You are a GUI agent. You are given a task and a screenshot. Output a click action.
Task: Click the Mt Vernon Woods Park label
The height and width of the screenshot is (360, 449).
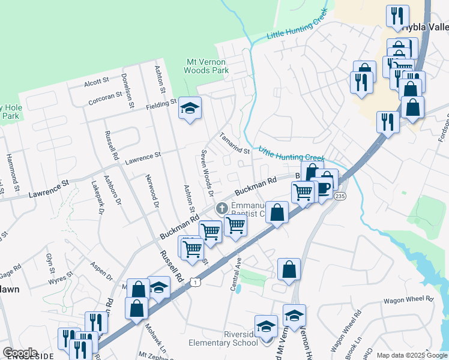pyautogui.click(x=208, y=66)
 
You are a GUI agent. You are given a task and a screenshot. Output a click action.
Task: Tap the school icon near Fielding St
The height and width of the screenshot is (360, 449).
pyautogui.click(x=190, y=108)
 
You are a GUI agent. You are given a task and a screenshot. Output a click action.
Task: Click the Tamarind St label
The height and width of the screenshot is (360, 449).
pyautogui.click(x=234, y=143)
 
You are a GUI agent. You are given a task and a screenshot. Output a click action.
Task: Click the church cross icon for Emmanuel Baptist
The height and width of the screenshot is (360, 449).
pyautogui.click(x=221, y=209)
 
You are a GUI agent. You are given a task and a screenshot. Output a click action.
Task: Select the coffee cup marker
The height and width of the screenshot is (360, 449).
pyautogui.click(x=324, y=188)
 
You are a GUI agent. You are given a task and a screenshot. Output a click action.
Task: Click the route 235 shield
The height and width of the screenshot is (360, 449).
pyautogui.click(x=340, y=196)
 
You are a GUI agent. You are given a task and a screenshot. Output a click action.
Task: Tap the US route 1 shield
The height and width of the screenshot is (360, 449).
pyautogui.click(x=194, y=281)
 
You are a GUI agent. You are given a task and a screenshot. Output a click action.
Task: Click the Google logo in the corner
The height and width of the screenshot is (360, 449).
pyautogui.click(x=20, y=353)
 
